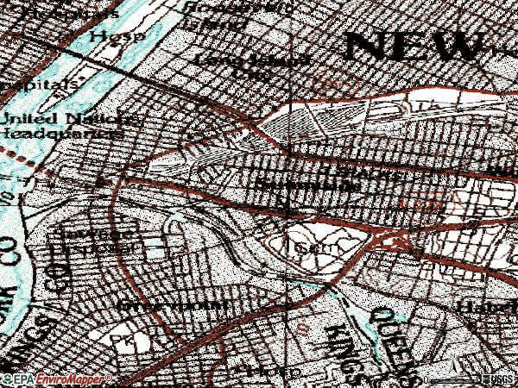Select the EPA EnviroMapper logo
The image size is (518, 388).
pyautogui.click(x=55, y=379)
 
